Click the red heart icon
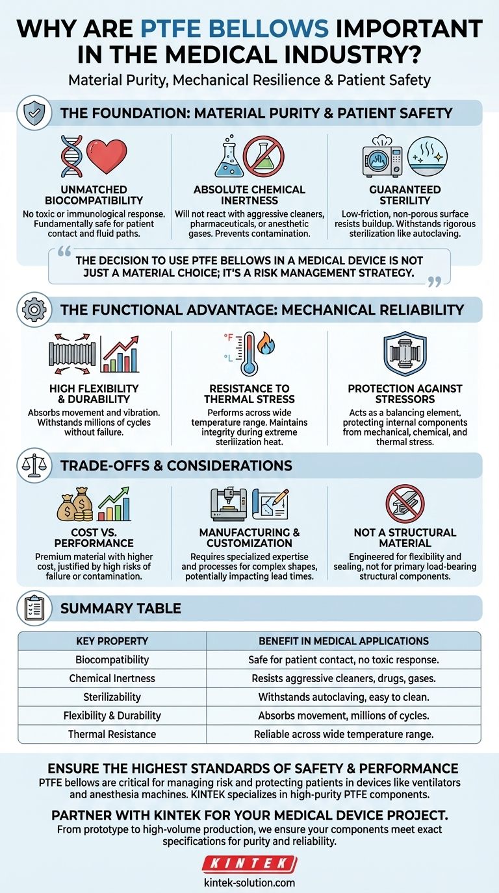click(106, 156)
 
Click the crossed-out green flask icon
click(264, 158)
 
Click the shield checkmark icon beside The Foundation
click(33, 113)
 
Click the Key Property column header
click(112, 641)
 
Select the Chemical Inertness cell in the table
click(112, 678)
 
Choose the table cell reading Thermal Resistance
click(112, 734)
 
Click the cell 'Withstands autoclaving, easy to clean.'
click(344, 697)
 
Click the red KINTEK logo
click(249, 864)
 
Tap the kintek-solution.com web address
click(249, 883)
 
